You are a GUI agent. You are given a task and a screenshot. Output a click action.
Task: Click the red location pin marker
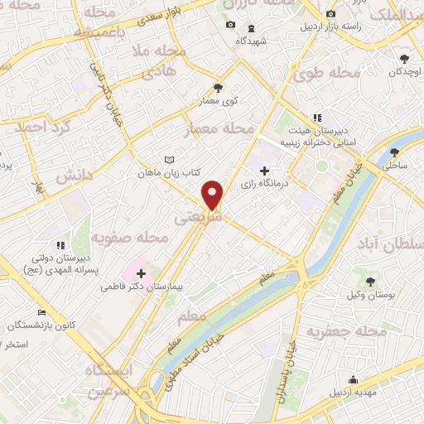[214, 195]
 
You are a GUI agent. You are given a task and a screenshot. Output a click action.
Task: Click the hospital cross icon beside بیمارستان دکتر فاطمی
[141, 272]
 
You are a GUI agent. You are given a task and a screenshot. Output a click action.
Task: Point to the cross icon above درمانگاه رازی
[263, 171]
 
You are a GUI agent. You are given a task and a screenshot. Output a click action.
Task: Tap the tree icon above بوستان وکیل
[369, 282]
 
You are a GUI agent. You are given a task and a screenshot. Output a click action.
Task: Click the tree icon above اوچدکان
[404, 58]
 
